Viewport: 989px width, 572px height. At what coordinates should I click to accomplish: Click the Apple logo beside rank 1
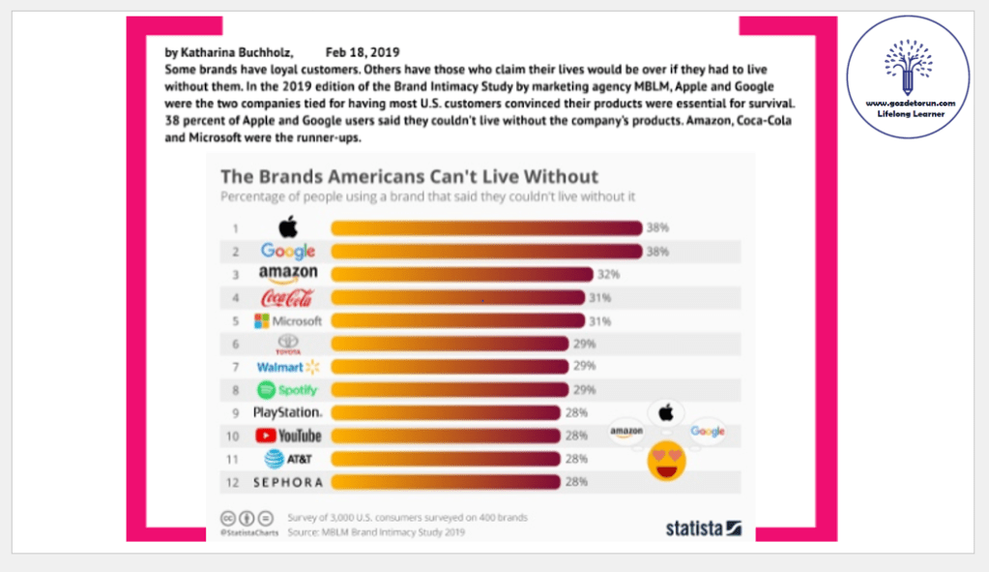pos(287,227)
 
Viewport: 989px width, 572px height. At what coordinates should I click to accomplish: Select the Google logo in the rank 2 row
pos(288,252)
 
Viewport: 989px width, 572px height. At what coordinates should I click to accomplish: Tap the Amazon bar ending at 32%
pos(461,274)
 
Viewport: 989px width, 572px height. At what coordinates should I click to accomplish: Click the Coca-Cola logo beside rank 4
pos(287,297)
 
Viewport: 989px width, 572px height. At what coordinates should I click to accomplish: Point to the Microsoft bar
pos(457,320)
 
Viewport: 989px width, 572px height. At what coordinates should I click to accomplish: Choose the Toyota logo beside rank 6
pos(288,345)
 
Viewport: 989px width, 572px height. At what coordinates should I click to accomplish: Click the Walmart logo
pos(287,367)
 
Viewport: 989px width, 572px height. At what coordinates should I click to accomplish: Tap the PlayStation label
pos(287,412)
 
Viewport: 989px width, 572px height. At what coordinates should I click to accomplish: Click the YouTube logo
pos(287,436)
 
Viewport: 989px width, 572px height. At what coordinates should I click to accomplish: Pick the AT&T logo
pos(287,459)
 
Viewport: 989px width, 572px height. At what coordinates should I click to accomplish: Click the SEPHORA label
pos(287,482)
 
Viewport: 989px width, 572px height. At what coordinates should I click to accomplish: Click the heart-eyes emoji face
pos(665,461)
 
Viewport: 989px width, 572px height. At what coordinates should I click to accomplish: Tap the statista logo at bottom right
pos(703,527)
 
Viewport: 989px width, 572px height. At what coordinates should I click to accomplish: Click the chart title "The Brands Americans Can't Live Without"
pos(410,177)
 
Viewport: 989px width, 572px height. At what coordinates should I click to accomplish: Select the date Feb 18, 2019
pos(362,51)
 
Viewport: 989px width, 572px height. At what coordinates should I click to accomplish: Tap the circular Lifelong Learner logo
pos(908,75)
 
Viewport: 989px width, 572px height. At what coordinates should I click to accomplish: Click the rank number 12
pos(234,482)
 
